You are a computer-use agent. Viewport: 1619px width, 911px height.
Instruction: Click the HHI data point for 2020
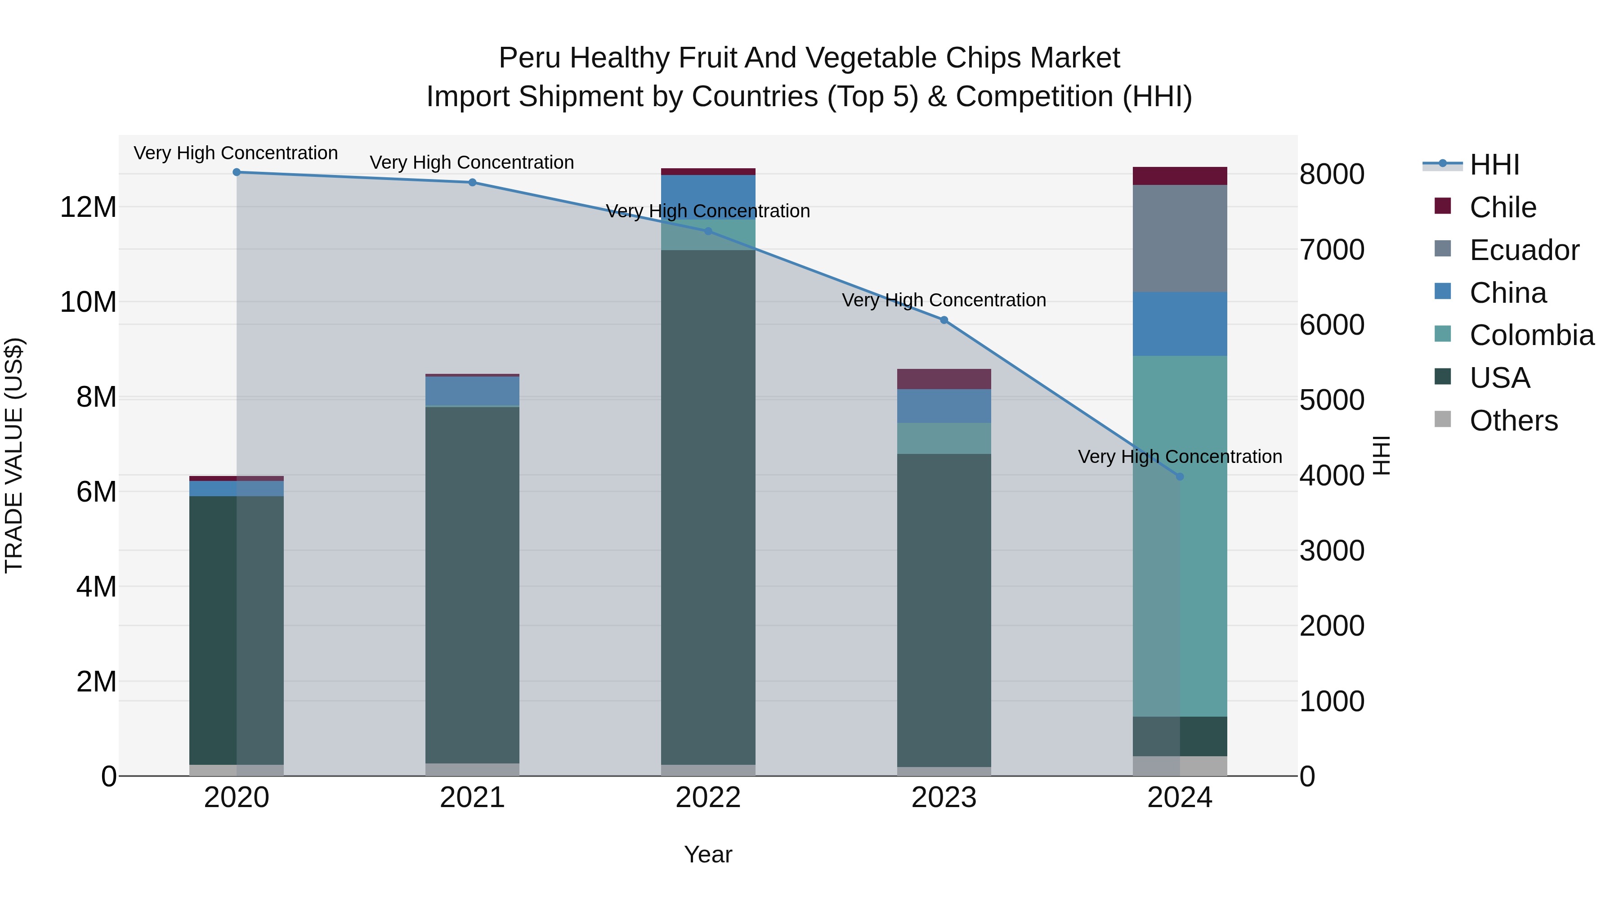pos(236,172)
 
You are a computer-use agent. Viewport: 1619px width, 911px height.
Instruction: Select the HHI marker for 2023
pos(944,320)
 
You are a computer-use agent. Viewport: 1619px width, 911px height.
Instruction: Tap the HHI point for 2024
pos(1180,476)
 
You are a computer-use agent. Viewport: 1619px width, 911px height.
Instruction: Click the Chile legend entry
pos(1502,207)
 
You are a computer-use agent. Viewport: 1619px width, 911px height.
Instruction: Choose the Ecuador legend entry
pos(1524,250)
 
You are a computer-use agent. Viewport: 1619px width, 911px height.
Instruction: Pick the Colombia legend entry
pos(1531,336)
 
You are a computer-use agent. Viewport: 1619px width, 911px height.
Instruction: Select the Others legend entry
pos(1513,421)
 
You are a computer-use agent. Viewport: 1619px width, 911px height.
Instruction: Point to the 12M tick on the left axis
pos(88,207)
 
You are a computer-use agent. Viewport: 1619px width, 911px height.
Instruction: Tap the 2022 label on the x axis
pos(708,798)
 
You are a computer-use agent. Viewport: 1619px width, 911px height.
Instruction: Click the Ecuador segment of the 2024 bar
pos(1180,238)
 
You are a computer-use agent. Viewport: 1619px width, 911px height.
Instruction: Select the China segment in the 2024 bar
pos(1180,324)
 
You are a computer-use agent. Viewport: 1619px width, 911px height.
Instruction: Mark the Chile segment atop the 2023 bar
pos(944,379)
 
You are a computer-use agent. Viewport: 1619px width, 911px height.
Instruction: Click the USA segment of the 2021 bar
pos(472,585)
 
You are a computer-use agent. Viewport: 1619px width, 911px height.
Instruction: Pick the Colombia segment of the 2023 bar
pos(944,438)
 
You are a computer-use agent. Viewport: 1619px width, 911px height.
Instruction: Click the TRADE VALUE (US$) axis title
pos(14,455)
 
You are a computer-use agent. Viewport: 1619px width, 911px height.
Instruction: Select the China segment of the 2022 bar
pos(708,196)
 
